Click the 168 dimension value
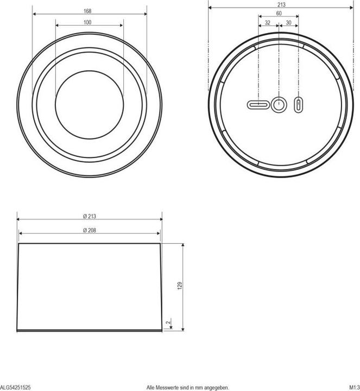tap(87, 11)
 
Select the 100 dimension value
tap(87, 22)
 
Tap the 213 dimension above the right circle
tap(281, 4)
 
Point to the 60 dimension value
tap(279, 13)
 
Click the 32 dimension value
tap(268, 23)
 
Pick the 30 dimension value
tap(288, 23)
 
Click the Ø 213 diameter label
tap(89, 216)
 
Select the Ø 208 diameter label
tap(89, 230)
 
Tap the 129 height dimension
tap(180, 286)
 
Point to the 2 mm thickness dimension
tap(169, 322)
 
